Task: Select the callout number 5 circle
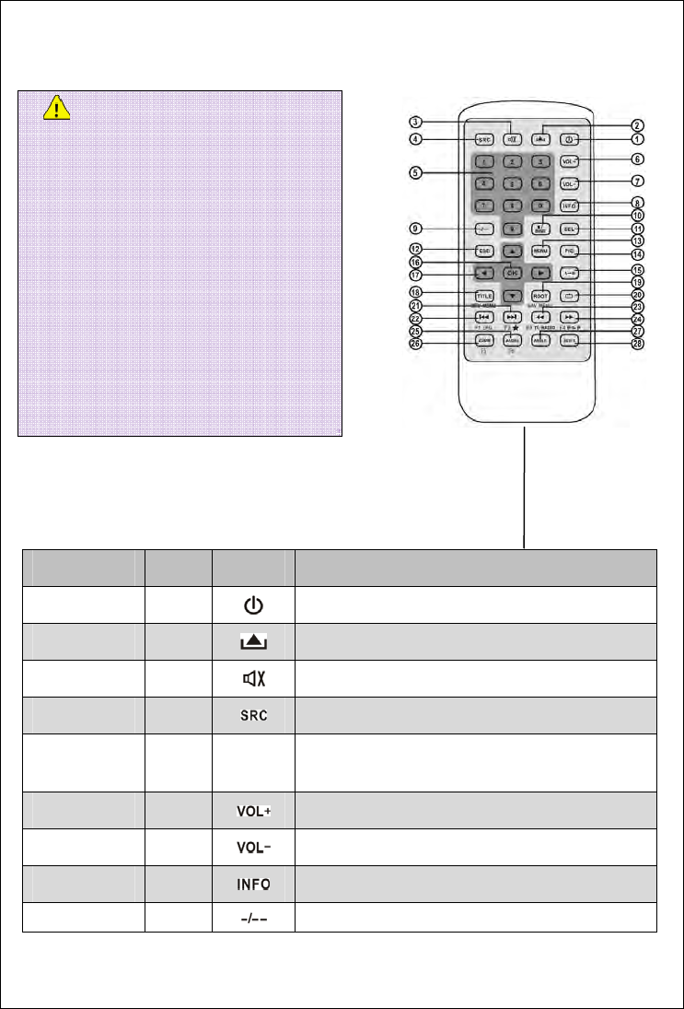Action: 417,172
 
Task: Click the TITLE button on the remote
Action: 485,297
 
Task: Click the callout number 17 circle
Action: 417,274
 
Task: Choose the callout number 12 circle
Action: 417,248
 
